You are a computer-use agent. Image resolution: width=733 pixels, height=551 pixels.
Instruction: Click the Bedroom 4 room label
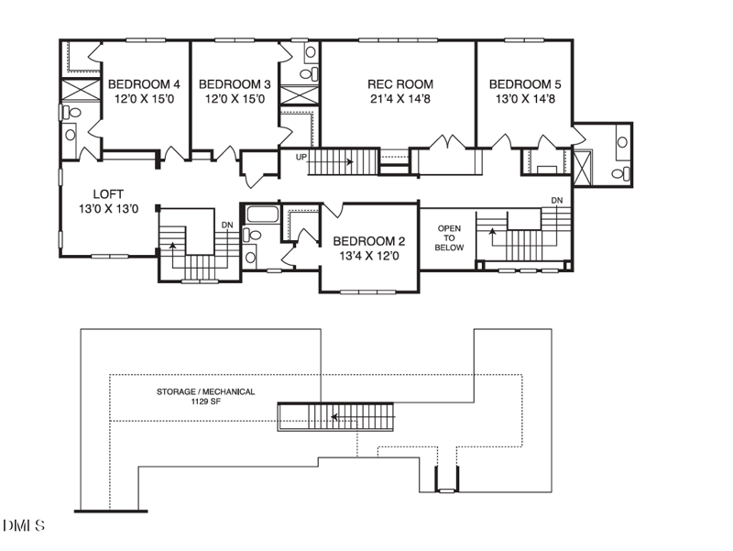pyautogui.click(x=144, y=84)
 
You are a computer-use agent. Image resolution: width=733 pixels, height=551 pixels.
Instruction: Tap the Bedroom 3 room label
pyautogui.click(x=235, y=84)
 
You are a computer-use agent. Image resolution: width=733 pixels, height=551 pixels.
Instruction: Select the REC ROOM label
pyautogui.click(x=400, y=84)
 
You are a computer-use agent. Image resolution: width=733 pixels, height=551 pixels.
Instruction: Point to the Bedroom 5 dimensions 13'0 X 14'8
pyautogui.click(x=525, y=99)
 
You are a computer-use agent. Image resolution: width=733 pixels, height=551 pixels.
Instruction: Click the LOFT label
pyautogui.click(x=108, y=193)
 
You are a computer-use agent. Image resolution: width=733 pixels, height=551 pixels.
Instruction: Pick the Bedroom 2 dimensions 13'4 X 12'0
pyautogui.click(x=369, y=257)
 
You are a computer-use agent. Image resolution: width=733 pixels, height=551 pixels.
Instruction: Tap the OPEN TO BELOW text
pyautogui.click(x=449, y=238)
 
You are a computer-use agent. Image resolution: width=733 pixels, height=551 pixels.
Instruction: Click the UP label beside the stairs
pyautogui.click(x=301, y=157)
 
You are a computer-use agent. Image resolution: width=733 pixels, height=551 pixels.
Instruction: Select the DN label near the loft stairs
pyautogui.click(x=227, y=225)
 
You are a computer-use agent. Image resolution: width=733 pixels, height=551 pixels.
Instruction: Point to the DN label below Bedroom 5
pyautogui.click(x=557, y=200)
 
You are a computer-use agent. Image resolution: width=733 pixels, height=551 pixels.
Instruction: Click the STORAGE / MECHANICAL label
pyautogui.click(x=205, y=391)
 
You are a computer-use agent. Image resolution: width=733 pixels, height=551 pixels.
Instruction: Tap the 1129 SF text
pyautogui.click(x=205, y=402)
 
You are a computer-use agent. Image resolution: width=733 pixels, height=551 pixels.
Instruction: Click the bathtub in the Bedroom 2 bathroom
pyautogui.click(x=263, y=215)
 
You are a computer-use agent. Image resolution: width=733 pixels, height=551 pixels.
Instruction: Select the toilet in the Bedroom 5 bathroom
pyautogui.click(x=621, y=174)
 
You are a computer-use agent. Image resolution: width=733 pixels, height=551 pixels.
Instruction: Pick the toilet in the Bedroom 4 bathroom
pyautogui.click(x=71, y=112)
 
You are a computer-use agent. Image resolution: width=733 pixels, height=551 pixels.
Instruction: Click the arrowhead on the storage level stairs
pyautogui.click(x=334, y=416)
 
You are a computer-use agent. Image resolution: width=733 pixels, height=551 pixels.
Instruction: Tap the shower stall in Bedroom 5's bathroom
pyautogui.click(x=583, y=168)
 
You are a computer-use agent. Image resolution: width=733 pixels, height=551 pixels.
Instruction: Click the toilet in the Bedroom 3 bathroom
pyautogui.click(x=309, y=73)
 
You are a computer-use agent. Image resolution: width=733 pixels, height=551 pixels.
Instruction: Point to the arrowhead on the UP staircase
pyautogui.click(x=350, y=162)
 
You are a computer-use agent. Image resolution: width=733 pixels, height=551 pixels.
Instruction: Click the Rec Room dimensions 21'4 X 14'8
pyautogui.click(x=400, y=99)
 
